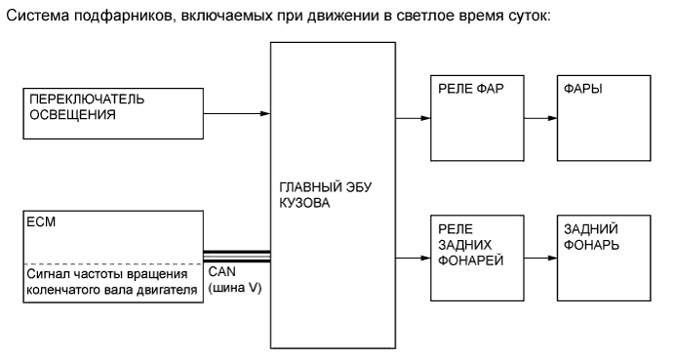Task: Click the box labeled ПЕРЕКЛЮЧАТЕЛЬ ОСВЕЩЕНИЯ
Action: [112, 113]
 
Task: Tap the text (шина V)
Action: [235, 290]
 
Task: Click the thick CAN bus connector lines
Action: [235, 256]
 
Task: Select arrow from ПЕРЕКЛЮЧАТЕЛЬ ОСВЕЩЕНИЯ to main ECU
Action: [235, 113]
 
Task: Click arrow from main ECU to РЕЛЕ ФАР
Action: [411, 119]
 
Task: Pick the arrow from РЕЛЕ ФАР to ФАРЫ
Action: [537, 119]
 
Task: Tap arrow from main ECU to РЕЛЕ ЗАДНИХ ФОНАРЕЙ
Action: [411, 259]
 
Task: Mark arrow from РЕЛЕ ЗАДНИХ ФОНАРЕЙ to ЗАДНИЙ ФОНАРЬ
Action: [537, 259]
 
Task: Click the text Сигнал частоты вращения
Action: [104, 274]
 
